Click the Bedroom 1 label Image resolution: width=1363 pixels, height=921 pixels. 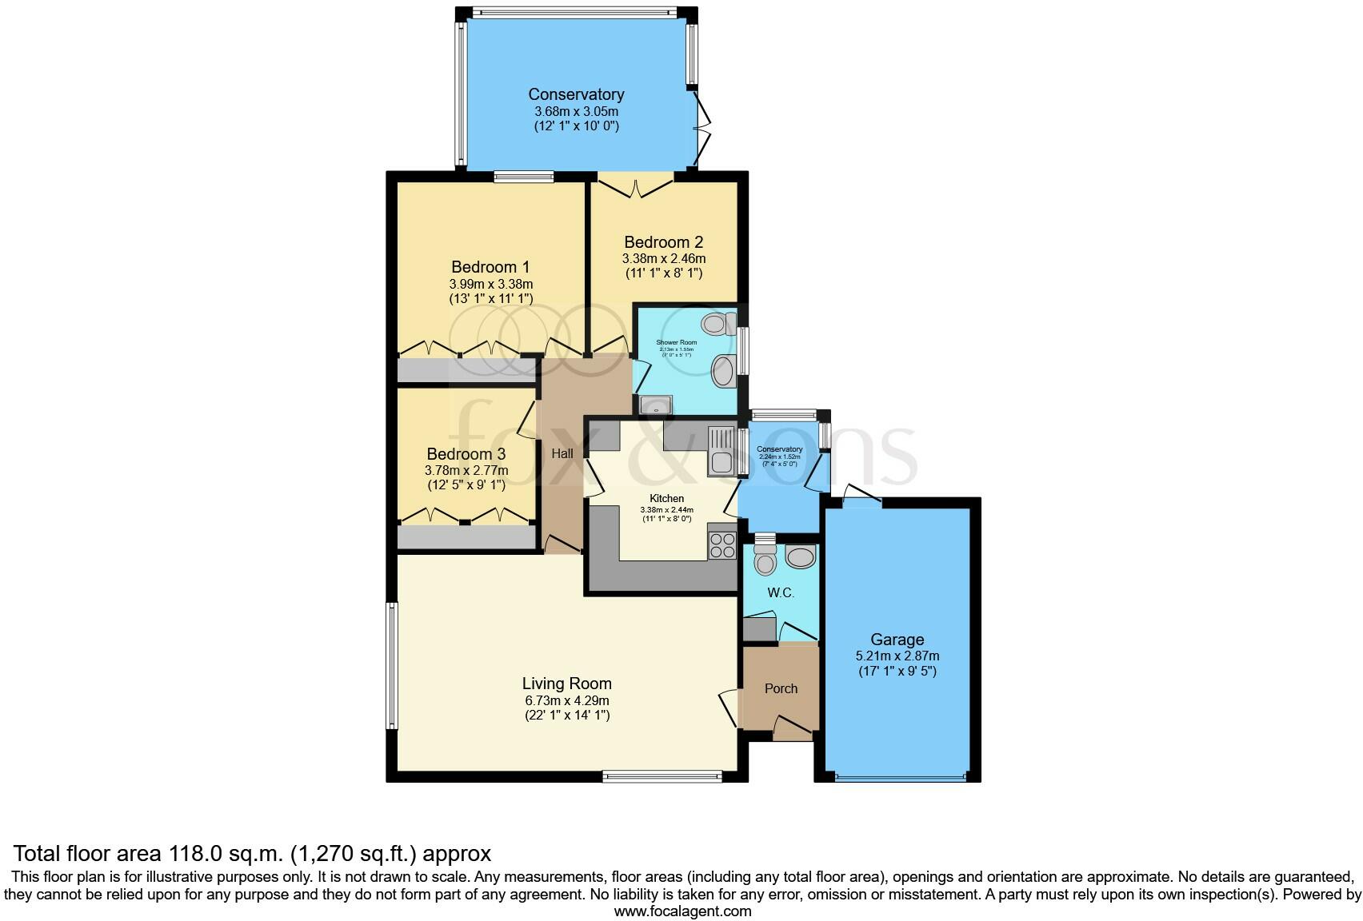tap(490, 267)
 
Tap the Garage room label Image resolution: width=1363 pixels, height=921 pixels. tap(897, 640)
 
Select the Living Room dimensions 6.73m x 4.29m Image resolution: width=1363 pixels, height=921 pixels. tap(566, 700)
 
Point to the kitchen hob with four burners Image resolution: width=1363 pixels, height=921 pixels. tap(721, 545)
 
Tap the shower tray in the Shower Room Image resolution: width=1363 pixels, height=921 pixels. tap(656, 405)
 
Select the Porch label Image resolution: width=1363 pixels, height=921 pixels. tap(781, 688)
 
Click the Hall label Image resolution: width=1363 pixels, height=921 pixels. tap(562, 453)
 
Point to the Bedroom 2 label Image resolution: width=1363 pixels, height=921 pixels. tap(663, 242)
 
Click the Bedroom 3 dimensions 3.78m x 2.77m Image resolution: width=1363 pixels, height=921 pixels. tap(466, 470)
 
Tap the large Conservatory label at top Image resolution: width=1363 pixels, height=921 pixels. tap(576, 95)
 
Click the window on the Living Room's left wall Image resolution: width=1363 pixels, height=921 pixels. tap(392, 666)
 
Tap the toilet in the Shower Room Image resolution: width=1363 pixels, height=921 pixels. tap(717, 324)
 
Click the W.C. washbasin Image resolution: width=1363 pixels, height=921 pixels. tap(801, 555)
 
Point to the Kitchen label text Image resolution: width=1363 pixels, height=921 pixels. tap(666, 499)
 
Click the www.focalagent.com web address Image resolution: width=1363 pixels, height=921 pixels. tap(681, 911)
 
